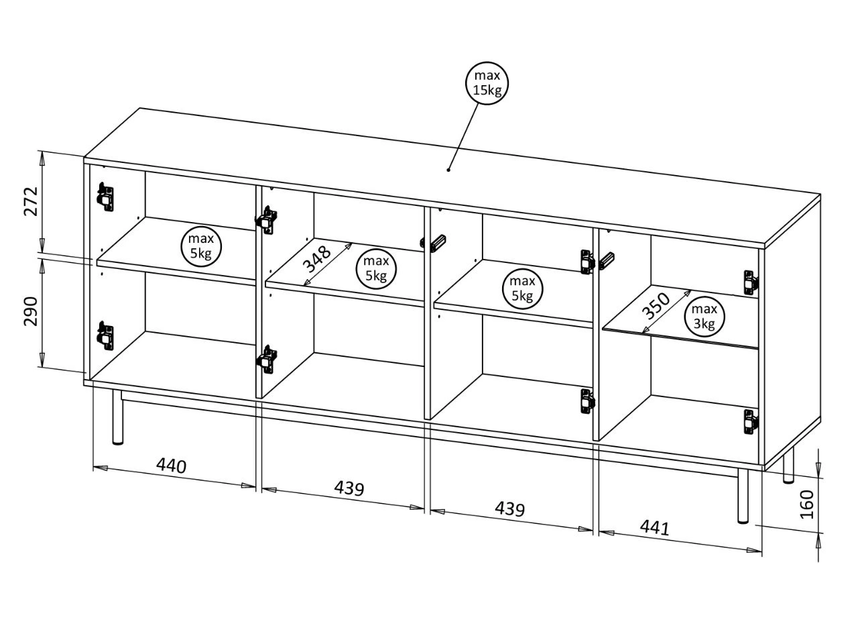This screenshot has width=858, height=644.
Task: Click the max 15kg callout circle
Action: pos(487,83)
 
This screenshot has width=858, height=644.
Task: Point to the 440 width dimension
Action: pos(171,465)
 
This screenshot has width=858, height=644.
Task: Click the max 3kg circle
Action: pos(704,317)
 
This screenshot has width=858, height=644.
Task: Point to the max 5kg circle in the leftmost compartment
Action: pos(201,246)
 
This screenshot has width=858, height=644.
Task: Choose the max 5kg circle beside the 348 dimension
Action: pos(376,268)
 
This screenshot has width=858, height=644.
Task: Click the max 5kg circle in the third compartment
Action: pos(522,288)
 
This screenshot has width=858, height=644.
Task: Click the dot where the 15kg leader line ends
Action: pos(448,170)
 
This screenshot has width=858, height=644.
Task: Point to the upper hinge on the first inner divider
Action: pos(268,219)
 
